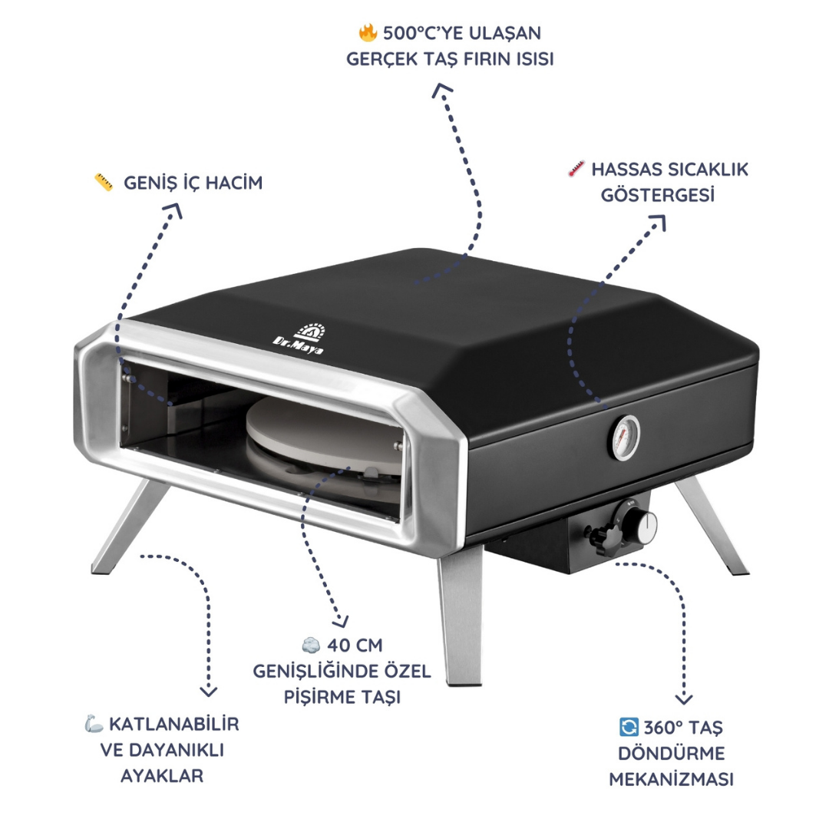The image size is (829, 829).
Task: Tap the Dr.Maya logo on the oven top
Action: (x=300, y=339)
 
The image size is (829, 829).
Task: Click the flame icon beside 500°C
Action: (x=368, y=33)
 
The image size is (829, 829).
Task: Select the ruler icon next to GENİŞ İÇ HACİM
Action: (x=104, y=183)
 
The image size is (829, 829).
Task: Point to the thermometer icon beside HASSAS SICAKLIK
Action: (x=576, y=169)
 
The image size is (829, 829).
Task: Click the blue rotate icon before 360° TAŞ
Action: (x=629, y=726)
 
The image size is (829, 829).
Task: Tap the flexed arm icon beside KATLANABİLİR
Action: (x=94, y=723)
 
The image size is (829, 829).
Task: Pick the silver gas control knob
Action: (x=642, y=526)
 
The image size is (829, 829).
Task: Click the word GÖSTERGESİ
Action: (x=657, y=195)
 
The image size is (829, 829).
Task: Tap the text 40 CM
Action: (x=354, y=645)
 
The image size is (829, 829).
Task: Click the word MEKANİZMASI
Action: (x=671, y=779)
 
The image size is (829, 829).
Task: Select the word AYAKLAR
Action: (x=162, y=775)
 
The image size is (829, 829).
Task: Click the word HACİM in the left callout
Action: (x=233, y=183)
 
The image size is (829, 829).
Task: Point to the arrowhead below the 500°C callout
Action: (x=442, y=90)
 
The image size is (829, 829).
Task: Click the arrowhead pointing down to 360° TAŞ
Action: (x=684, y=699)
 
